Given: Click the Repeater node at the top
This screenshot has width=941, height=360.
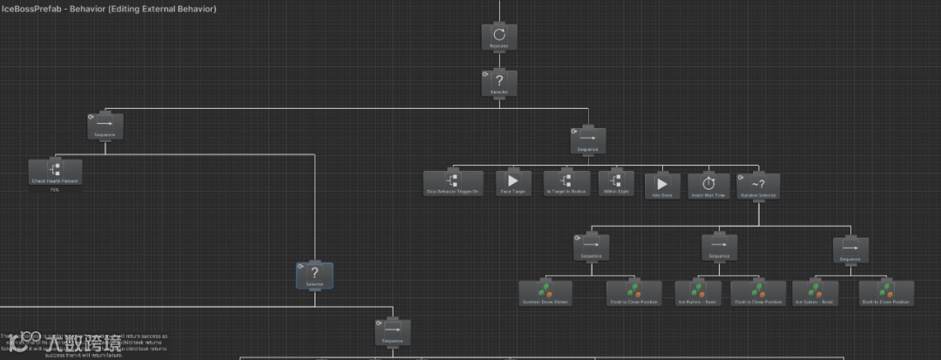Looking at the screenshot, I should tap(499, 37).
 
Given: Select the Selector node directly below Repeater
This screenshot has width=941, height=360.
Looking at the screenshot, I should tap(499, 83).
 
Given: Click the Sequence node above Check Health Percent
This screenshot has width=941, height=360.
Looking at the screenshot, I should tap(105, 127).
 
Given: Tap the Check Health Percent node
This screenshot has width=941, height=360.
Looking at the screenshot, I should tap(55, 172).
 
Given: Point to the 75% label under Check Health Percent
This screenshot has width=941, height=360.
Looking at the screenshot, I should tap(54, 189).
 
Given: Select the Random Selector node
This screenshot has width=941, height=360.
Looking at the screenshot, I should tap(757, 185).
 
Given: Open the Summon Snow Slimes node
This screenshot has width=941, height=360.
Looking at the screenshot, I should tap(545, 292).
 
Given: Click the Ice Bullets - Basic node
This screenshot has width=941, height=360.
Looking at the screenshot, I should tap(696, 292).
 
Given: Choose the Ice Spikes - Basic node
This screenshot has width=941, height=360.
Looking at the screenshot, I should tap(815, 292).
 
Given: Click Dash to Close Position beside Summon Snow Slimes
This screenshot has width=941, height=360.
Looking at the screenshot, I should tap(633, 292).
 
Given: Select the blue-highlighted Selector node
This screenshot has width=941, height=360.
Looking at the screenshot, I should tap(315, 275).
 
